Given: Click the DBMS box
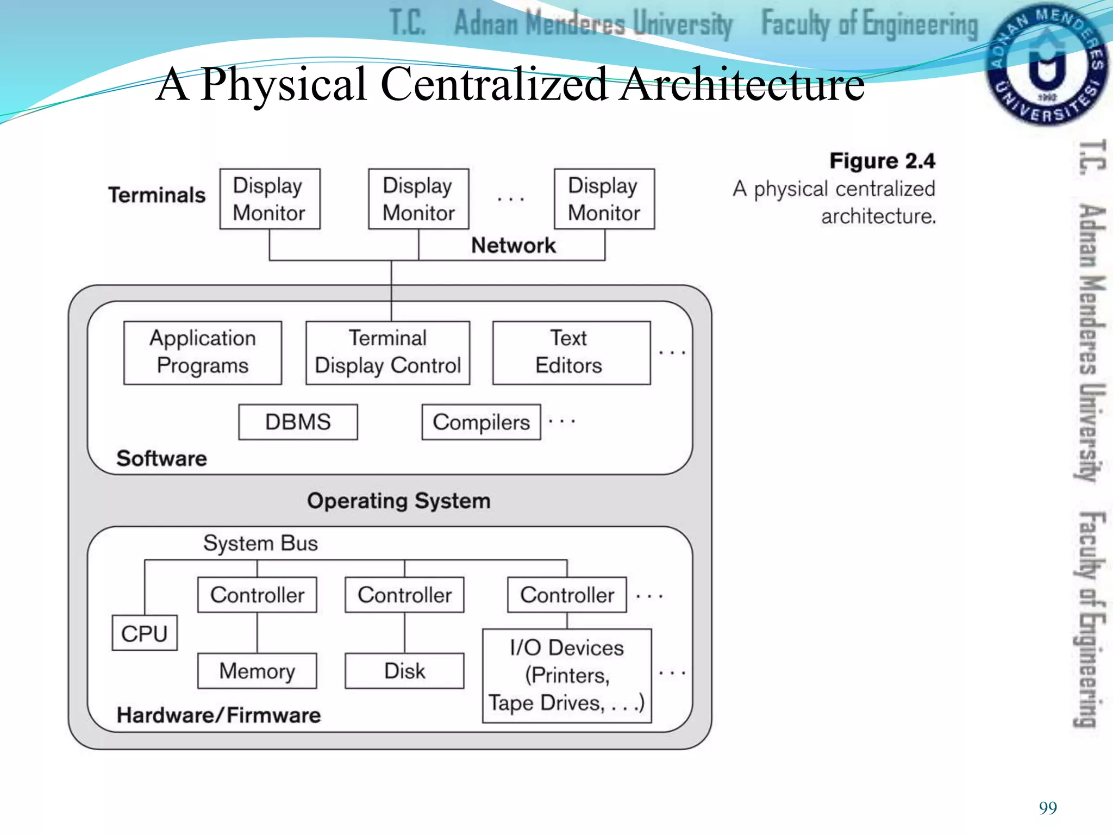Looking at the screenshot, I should pos(298,422).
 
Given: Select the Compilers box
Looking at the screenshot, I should pos(481,422).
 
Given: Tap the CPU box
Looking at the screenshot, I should pos(145,633).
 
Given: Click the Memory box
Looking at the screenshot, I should pos(257,671).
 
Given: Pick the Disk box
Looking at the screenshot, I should pos(404,671).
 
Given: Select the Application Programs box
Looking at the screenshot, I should pos(203,352).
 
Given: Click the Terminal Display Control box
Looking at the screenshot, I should pos(387,352).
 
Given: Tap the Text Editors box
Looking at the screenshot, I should pos(571,352).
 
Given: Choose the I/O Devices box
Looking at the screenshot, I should pos(567,676).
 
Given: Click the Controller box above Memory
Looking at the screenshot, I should pos(257,595).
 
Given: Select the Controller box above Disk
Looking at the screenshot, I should pos(404,595).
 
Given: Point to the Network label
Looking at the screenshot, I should pos(513,246).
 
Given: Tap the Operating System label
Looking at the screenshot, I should pos(398,501).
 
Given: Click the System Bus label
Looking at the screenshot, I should pos(260,543).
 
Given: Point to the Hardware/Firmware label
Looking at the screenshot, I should pos(218,715).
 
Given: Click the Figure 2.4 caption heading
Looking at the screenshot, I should pos(881,161).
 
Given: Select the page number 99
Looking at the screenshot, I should pos(1047,808).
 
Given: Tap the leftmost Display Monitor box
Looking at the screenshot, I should pos(270,199).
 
